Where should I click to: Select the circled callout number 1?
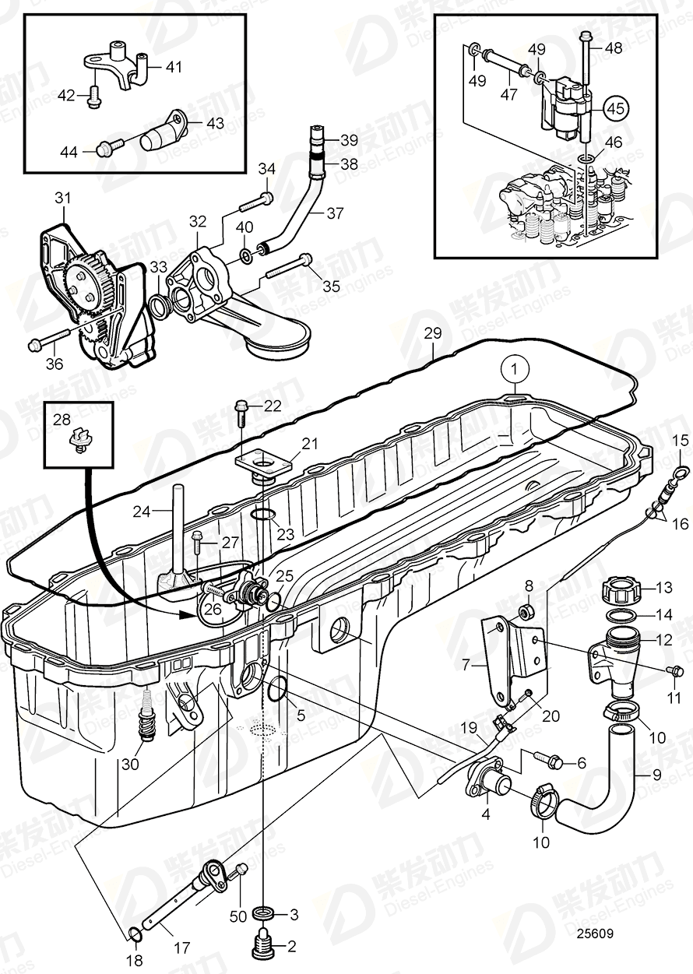click(x=514, y=366)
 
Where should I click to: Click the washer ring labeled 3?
click(x=265, y=912)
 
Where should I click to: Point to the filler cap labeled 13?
click(x=620, y=589)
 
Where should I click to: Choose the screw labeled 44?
click(x=111, y=145)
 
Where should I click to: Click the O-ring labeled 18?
click(x=133, y=934)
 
